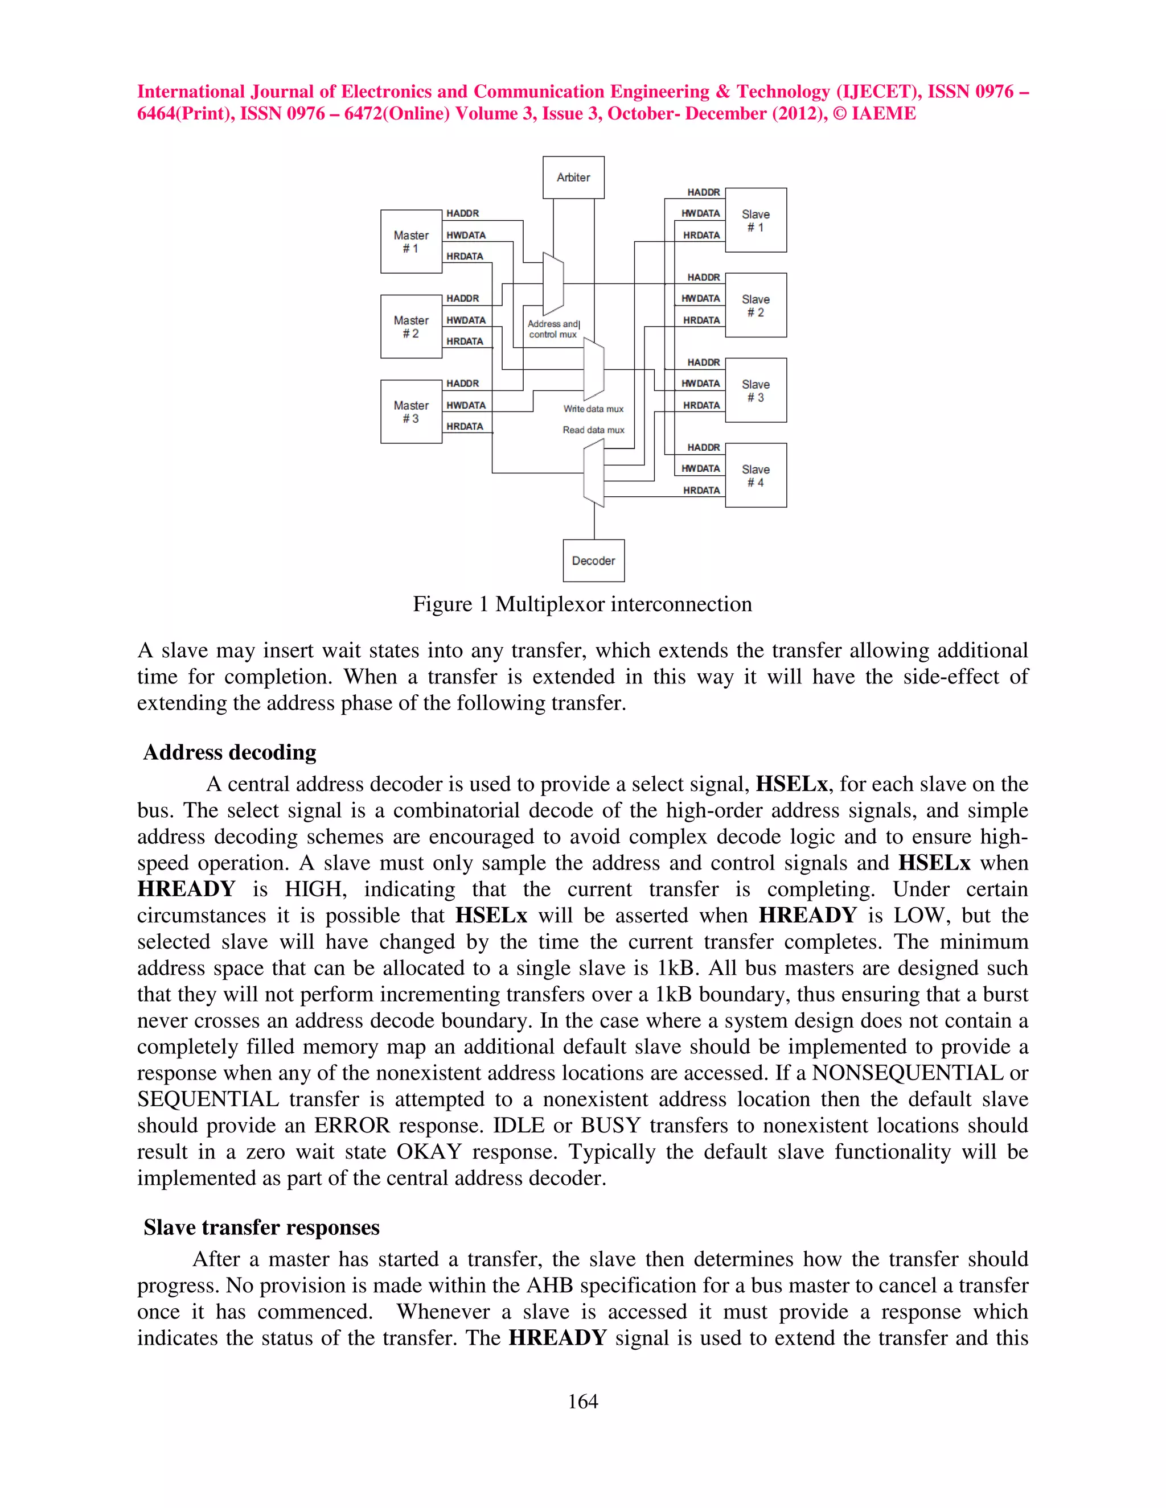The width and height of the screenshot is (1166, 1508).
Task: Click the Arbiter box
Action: (573, 178)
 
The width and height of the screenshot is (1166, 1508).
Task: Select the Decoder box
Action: (593, 561)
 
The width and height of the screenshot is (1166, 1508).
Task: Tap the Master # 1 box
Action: (411, 242)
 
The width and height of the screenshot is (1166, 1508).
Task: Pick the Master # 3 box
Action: (411, 411)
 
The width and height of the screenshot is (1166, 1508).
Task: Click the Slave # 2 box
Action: (755, 305)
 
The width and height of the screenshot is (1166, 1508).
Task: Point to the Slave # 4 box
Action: (755, 475)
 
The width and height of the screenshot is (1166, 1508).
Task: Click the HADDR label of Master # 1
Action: (462, 213)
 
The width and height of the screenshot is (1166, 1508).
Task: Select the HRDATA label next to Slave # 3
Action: (701, 405)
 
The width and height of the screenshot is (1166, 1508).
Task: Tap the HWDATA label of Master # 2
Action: (466, 320)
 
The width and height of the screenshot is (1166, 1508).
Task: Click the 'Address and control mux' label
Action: (553, 329)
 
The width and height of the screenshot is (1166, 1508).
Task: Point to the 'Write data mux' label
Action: (593, 409)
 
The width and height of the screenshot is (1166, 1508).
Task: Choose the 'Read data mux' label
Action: (593, 430)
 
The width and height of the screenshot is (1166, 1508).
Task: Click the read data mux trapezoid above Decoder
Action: (593, 473)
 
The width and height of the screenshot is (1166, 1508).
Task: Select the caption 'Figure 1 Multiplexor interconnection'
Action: (582, 604)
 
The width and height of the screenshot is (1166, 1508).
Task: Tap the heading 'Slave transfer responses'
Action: (261, 1227)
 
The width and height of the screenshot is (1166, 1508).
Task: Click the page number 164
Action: (582, 1401)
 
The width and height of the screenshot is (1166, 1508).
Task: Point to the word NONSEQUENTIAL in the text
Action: (908, 1073)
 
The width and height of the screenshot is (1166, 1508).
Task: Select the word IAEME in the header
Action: (884, 114)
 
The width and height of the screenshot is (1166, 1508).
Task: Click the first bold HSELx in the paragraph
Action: (791, 784)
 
